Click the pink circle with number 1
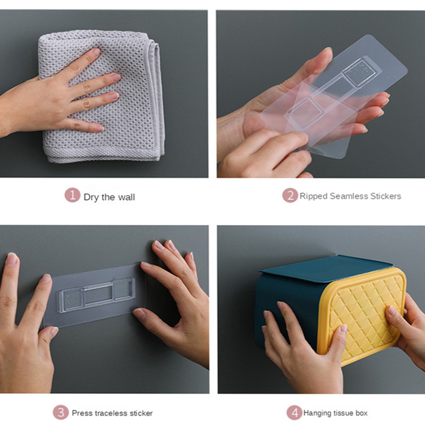(72, 195)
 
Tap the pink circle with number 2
(290, 195)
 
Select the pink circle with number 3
(61, 413)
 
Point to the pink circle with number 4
(294, 413)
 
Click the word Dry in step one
(91, 197)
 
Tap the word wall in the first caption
(126, 197)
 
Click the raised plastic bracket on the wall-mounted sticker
(97, 295)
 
